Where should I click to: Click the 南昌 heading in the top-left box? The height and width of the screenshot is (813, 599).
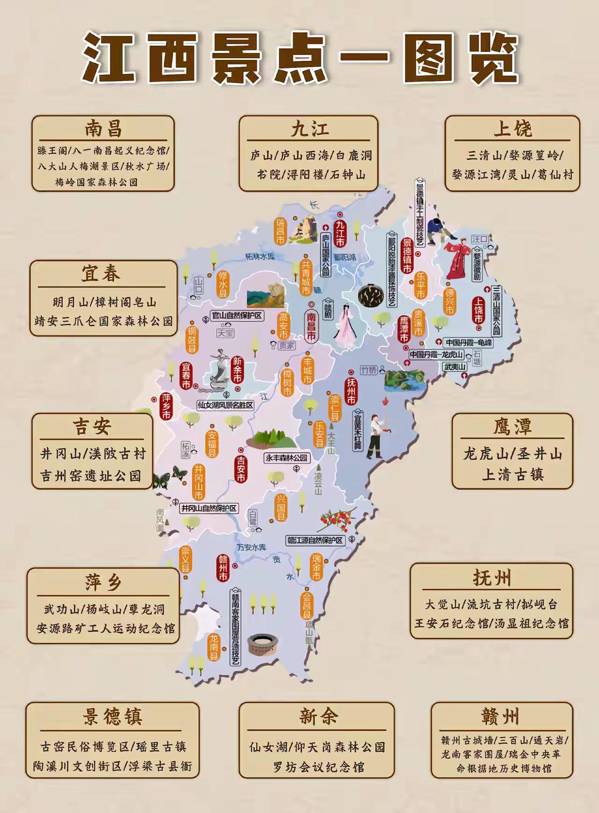coord(103,129)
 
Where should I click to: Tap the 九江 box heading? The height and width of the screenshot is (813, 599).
coord(309,129)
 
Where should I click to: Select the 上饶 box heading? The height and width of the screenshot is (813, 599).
coord(512,129)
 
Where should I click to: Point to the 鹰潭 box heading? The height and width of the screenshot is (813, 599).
coord(512,427)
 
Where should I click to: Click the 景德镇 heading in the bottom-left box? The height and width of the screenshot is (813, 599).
coord(112,717)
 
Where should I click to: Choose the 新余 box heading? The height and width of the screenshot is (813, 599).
coord(318,717)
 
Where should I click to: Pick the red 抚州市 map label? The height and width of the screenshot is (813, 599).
coord(351,391)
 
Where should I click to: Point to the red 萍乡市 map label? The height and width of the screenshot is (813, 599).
coord(166,406)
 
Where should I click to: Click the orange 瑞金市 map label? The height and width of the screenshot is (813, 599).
coord(317,567)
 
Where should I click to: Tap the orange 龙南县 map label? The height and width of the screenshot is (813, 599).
coord(213,647)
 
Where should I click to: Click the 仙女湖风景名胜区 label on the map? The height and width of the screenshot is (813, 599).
coord(225,405)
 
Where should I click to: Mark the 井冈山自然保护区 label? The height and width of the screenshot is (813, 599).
coord(209,508)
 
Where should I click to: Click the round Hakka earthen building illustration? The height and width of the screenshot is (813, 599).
coord(264,645)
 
